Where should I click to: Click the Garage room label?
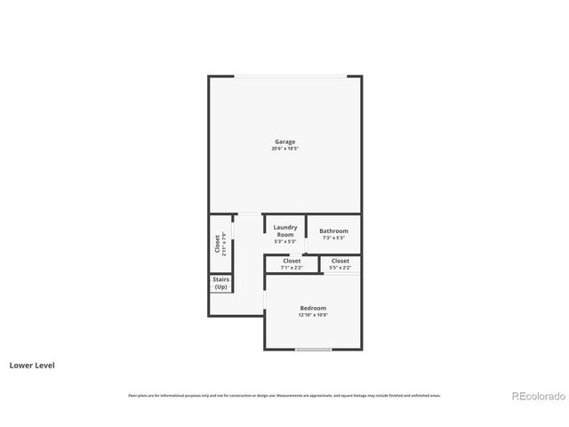284,141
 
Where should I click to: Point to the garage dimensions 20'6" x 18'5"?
284,149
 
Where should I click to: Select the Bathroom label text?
334,230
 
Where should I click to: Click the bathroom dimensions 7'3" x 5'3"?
334,238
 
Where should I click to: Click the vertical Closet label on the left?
217,243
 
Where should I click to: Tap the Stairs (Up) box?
220,284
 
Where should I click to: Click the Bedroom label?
313,308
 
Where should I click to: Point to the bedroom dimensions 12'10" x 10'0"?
313,315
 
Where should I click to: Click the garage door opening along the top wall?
286,77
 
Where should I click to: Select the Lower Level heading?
32,365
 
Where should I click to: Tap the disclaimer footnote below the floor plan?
284,395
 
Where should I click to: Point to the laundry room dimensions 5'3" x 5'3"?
284,241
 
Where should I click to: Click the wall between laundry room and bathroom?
306,233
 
